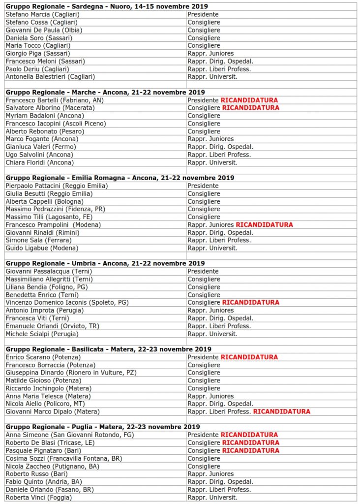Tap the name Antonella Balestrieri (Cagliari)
[x=50, y=77]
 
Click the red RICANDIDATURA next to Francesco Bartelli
[x=249, y=100]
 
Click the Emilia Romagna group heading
[x=120, y=178]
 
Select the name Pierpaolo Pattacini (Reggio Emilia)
[x=57, y=186]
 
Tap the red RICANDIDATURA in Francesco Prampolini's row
[x=264, y=225]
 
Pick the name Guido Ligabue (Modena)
[x=42, y=248]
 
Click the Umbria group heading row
[x=105, y=263]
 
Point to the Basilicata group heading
[x=108, y=349]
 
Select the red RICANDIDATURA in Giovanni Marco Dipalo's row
[x=281, y=411]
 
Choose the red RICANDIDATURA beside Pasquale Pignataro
[x=250, y=450]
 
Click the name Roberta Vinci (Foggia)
[x=38, y=498]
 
